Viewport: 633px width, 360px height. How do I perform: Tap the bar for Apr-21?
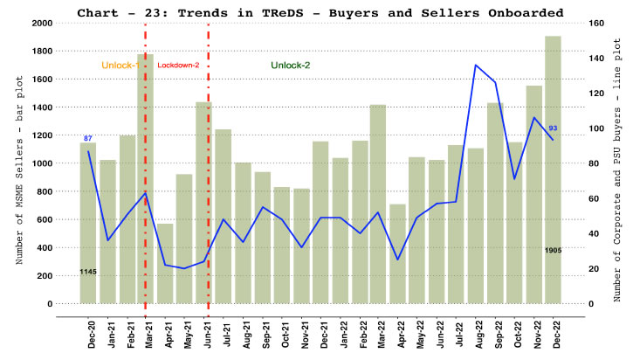(x=165, y=263)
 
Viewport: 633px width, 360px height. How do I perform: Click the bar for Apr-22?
(x=398, y=253)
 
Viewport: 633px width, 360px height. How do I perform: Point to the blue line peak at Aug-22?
(x=476, y=65)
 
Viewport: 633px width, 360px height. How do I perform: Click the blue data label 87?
(x=87, y=139)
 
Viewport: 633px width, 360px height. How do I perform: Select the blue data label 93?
(x=554, y=128)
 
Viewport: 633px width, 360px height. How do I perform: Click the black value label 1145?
(x=87, y=272)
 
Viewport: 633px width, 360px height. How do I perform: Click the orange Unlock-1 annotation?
(x=120, y=66)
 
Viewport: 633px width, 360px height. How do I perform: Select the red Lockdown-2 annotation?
(x=178, y=66)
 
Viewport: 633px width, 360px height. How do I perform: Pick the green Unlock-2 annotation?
(x=290, y=66)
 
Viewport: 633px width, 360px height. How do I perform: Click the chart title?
(x=320, y=11)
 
